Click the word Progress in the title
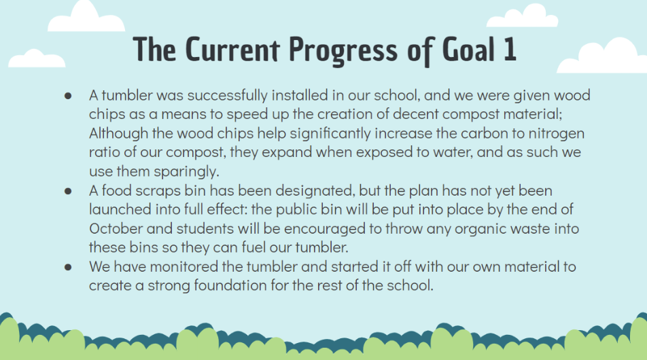(x=343, y=51)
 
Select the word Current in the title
(x=232, y=49)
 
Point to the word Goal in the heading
(x=468, y=49)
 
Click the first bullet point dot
(x=68, y=96)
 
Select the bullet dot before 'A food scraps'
(x=68, y=192)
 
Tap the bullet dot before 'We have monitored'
(x=68, y=267)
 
